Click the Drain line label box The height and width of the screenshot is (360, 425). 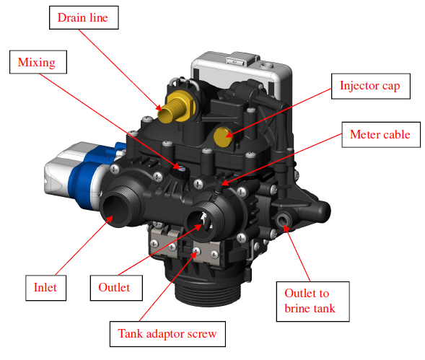tap(84, 17)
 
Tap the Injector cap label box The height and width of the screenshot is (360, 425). tap(370, 86)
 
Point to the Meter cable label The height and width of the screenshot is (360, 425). tap(381, 135)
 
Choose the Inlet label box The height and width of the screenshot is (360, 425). tap(45, 288)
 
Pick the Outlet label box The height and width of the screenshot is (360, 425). tap(116, 288)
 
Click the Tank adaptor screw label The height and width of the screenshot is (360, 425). tap(167, 334)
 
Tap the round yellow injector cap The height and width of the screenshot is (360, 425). tap(223, 136)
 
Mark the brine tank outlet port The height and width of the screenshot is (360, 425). tap(283, 219)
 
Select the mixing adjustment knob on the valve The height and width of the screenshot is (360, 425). tap(180, 171)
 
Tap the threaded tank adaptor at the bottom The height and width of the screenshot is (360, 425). tap(208, 294)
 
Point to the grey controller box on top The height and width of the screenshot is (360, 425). tap(241, 71)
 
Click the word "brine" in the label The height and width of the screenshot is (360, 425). tap(297, 309)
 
